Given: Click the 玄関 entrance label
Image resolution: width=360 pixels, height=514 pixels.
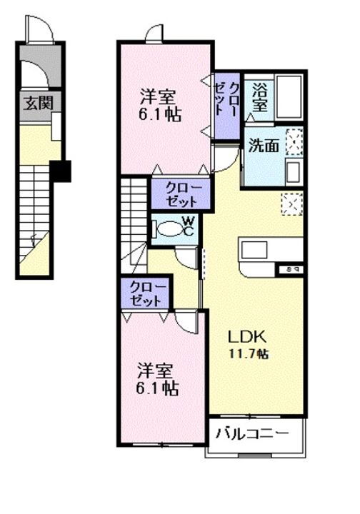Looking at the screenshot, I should tap(33, 103).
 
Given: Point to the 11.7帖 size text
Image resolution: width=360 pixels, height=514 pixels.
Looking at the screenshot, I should tap(249, 354).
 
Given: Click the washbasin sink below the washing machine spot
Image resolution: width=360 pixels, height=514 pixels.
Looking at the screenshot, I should tap(292, 171).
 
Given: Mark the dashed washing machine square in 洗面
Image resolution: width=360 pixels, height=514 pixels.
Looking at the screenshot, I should tap(294, 141).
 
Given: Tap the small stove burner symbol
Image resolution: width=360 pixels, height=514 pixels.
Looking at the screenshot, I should tap(288, 269).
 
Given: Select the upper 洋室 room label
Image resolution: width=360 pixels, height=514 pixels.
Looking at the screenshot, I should tap(156, 103).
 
